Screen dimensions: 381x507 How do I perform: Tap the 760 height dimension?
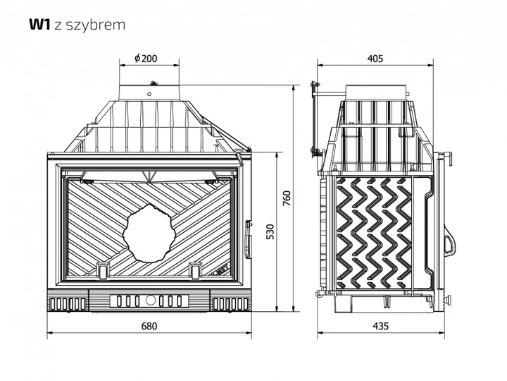point(286,200)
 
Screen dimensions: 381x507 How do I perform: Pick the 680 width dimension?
point(148,326)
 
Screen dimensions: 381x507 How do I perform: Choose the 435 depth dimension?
point(380,326)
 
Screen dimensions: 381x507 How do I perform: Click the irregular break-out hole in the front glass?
point(151,231)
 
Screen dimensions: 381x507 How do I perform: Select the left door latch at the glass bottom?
point(103,269)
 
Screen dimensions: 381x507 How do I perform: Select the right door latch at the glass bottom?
point(196,269)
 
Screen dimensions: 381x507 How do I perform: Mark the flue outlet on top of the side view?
point(376,91)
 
